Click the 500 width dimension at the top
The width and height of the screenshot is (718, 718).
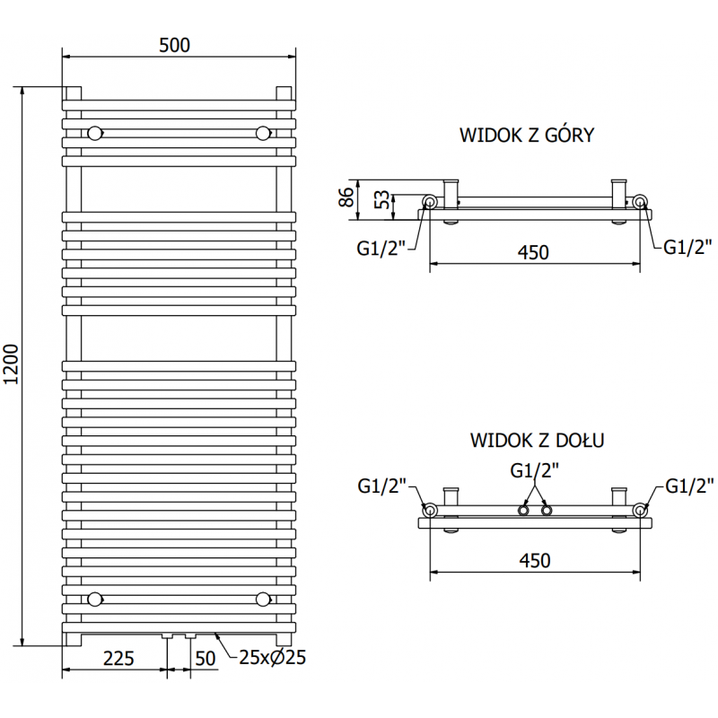pos(175,45)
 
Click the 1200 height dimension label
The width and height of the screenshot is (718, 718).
pos(12,366)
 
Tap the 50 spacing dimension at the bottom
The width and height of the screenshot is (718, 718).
pos(205,658)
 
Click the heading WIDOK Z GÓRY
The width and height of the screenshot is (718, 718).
pos(527,136)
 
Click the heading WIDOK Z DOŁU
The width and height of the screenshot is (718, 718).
pos(536,441)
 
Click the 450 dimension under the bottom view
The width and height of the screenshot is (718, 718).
pos(534,560)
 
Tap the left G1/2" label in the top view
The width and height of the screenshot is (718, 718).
pos(382,248)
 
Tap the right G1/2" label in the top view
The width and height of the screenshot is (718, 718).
pos(687,248)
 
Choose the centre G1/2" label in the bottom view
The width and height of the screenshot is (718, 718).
pos(534,469)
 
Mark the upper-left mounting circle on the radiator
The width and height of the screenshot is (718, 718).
pos(94,134)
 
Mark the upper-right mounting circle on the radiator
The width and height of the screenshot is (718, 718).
pos(263,134)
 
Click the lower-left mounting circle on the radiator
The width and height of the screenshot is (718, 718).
pos(94,599)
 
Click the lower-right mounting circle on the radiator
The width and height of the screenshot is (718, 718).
pos(263,599)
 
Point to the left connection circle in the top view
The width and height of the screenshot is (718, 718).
pos(430,203)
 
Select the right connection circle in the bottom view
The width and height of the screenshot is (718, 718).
pos(640,510)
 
